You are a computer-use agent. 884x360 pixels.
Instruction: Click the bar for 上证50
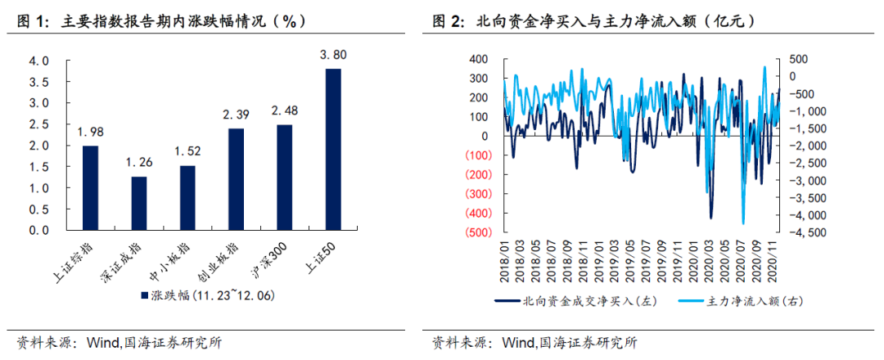click(333, 150)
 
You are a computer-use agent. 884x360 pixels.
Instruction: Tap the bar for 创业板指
click(236, 179)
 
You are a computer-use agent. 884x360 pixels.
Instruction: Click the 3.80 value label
click(333, 55)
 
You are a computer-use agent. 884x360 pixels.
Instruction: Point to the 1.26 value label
click(138, 162)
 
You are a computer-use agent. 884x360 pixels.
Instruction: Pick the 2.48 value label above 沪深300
click(284, 110)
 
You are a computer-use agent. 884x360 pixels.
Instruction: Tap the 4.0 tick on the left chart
click(39, 61)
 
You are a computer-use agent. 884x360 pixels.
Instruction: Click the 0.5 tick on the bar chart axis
click(39, 209)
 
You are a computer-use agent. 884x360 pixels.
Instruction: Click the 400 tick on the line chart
click(480, 59)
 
